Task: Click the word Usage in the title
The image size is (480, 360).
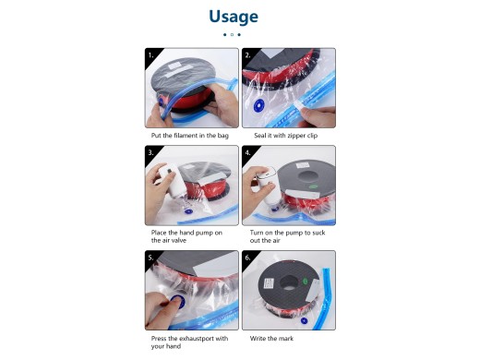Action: [234, 17]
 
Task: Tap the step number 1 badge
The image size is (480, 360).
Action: [150, 54]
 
